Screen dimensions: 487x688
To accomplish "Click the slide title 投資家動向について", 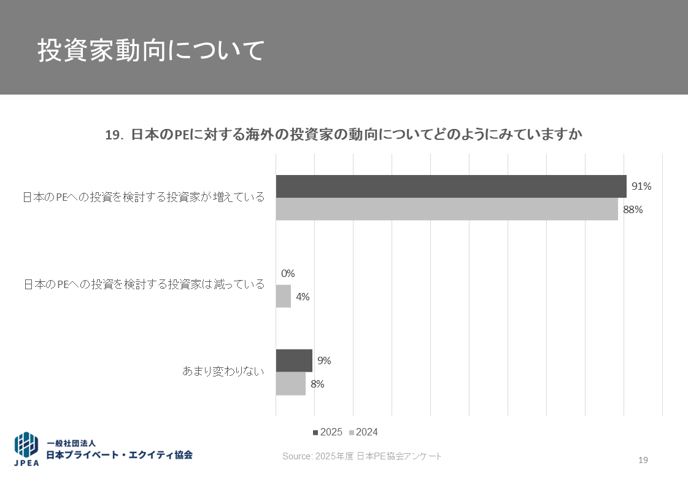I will (151, 50).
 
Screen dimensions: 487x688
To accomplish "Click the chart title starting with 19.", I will (343, 134).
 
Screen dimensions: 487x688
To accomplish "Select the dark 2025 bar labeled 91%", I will (451, 186).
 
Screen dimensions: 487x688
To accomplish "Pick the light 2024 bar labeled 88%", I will (447, 209).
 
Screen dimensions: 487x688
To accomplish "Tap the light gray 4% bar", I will (283, 296).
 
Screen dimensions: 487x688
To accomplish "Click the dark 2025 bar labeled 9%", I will (294, 360).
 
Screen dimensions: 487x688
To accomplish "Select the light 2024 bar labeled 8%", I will (290, 384).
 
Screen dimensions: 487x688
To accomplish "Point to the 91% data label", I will (641, 186).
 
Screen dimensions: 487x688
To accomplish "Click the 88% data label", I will (633, 209).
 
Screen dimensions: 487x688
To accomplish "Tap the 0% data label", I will (288, 273).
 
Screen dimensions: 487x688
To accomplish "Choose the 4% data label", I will (303, 297).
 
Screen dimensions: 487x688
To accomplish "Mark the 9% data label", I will (324, 361).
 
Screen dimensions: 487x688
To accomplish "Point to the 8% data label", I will (317, 384).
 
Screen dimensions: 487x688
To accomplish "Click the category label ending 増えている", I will (144, 197).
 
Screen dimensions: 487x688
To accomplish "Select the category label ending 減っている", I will (144, 284).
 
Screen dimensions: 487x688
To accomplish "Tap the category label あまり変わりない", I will (223, 372).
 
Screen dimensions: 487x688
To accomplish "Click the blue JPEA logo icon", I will (26, 445).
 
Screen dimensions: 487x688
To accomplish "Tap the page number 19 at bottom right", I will (643, 461).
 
